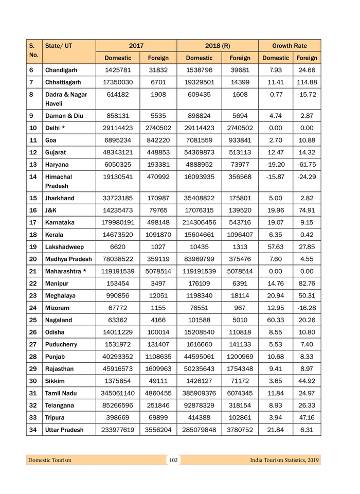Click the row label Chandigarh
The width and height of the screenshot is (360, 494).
(x=61, y=70)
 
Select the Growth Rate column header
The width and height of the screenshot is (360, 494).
(x=290, y=46)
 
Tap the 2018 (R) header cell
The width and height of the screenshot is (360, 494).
(x=218, y=46)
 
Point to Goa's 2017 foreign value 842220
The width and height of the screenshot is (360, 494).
(x=158, y=140)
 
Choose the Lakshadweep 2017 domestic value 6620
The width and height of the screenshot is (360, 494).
(x=117, y=247)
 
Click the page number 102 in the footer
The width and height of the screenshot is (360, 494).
(x=173, y=460)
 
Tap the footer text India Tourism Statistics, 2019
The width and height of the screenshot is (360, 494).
(x=284, y=460)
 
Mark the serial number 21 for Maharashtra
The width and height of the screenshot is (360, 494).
(x=33, y=271)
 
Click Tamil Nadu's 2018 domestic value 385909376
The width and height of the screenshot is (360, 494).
(x=199, y=393)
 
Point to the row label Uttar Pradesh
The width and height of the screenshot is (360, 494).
(x=64, y=430)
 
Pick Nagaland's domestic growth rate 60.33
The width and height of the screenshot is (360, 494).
(x=276, y=320)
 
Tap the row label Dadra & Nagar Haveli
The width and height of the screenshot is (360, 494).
(x=66, y=99)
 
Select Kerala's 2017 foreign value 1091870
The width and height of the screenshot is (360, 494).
(x=158, y=235)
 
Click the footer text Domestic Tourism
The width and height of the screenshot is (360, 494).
(x=50, y=460)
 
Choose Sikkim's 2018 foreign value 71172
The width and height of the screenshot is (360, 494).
(x=240, y=381)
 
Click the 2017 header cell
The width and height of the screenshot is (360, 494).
(x=136, y=46)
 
